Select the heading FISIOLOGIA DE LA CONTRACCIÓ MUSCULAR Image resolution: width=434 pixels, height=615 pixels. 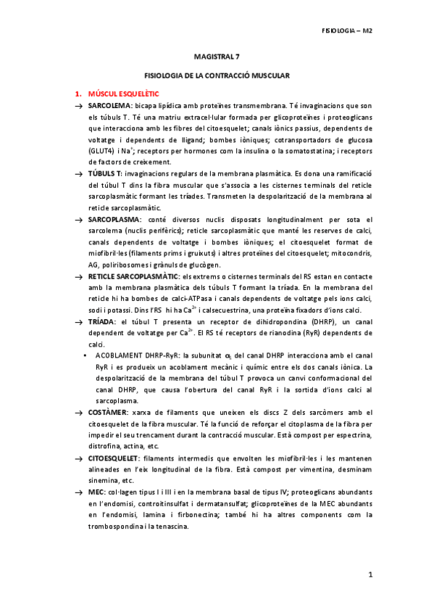coord(217,75)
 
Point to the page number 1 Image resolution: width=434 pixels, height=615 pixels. coord(370,574)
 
